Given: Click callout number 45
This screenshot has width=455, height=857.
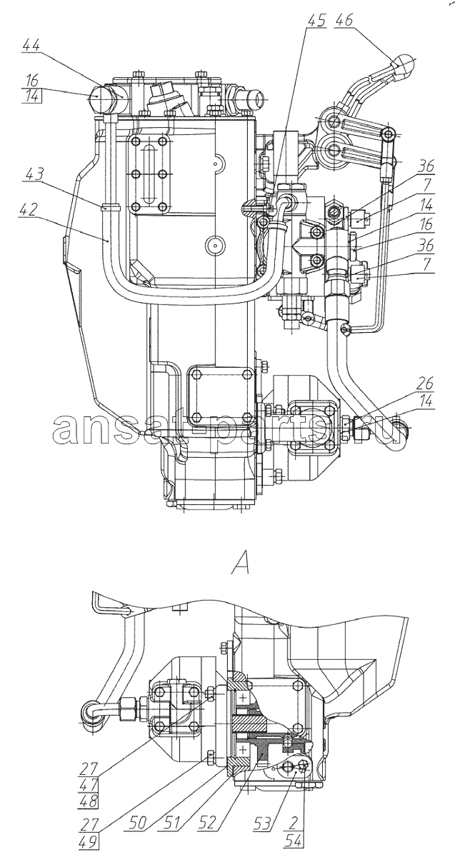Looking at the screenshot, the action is [316, 19].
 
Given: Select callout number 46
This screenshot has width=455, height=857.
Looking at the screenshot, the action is [344, 19].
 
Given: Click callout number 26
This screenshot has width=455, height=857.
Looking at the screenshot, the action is [424, 384].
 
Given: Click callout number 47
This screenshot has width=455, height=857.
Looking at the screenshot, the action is [88, 773].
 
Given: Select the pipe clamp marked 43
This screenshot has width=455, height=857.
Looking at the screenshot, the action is [111, 208].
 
